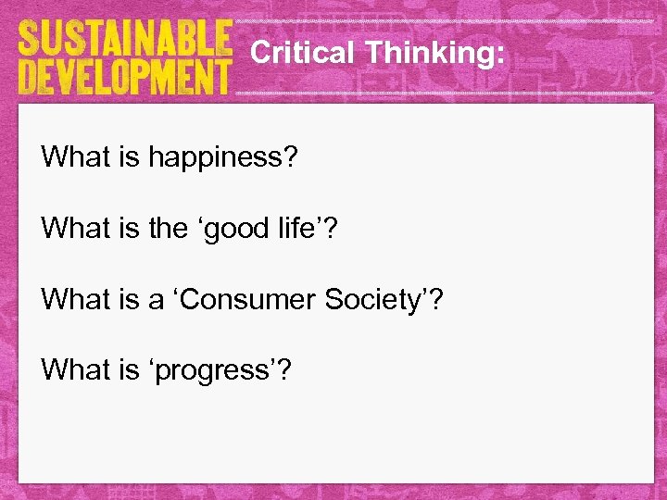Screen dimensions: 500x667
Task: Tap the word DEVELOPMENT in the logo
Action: tap(123, 76)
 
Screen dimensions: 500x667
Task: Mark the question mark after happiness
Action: tap(290, 156)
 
